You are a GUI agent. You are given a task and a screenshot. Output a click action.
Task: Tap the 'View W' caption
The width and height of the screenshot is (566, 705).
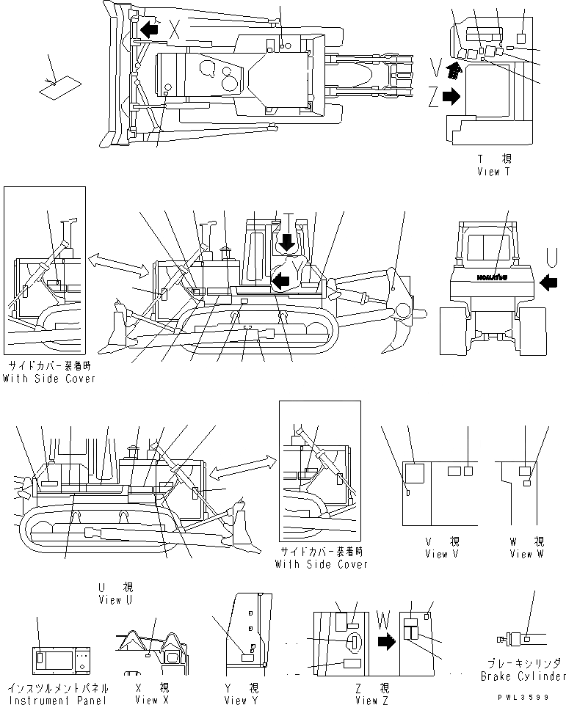(x=526, y=554)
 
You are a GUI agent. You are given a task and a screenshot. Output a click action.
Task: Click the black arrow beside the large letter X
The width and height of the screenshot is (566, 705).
(x=150, y=29)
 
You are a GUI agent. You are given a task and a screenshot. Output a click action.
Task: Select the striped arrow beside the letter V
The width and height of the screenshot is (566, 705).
(x=455, y=70)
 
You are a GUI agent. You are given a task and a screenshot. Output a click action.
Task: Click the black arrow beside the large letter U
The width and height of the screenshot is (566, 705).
(x=548, y=280)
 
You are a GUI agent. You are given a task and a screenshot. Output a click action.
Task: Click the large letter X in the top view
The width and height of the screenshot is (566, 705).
(x=175, y=30)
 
